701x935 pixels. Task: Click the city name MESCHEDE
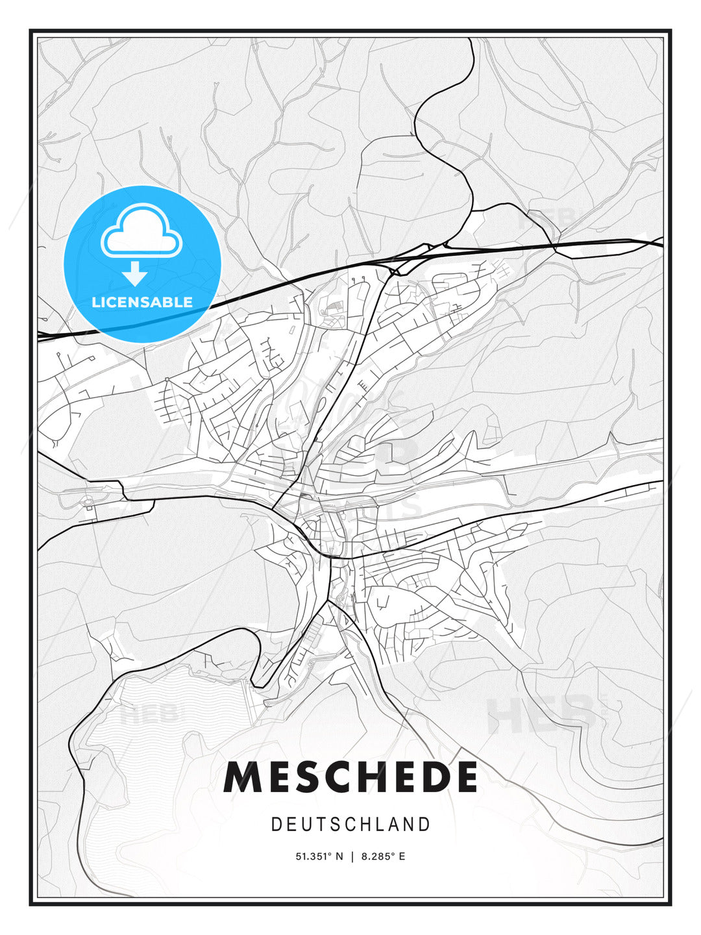coord(350,777)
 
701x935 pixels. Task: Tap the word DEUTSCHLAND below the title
coord(350,825)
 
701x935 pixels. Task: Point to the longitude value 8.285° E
coord(382,856)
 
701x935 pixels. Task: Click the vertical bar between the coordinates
coord(352,856)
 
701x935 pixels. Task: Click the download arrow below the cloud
coord(135,273)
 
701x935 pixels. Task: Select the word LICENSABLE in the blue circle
coord(142,302)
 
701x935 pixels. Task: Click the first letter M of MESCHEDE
coord(242,777)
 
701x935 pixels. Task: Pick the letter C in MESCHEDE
coord(337,777)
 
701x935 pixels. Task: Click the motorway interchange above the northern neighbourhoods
coord(396,268)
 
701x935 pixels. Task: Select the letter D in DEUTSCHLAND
coord(276,825)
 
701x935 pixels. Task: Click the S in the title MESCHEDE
coord(305,777)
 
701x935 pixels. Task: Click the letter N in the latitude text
coord(339,856)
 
